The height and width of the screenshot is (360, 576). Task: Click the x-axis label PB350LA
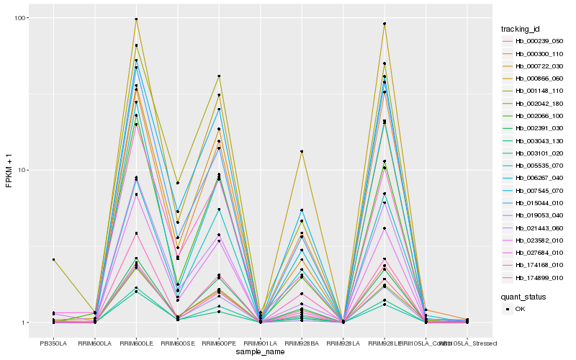53,343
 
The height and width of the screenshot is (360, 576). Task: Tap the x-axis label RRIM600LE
136,343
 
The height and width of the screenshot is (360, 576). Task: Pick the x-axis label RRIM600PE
219,343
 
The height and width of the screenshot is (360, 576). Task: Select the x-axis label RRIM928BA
302,343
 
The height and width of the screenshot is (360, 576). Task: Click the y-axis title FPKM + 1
9,171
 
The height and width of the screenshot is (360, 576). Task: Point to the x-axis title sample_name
260,353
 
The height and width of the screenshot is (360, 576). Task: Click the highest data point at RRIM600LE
136,19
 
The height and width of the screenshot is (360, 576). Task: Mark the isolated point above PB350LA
53,259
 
